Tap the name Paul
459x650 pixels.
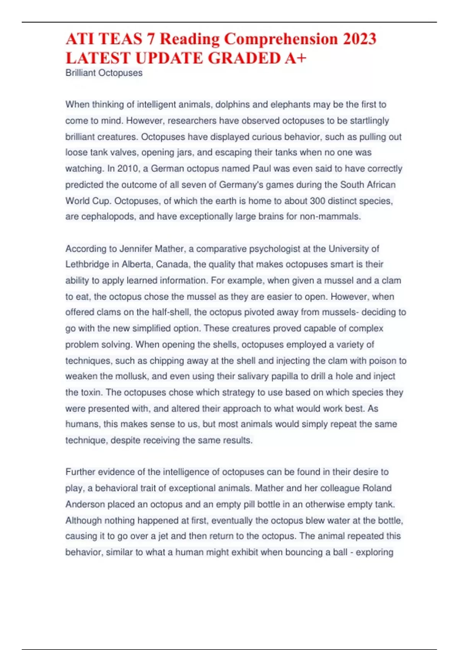coord(262,169)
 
